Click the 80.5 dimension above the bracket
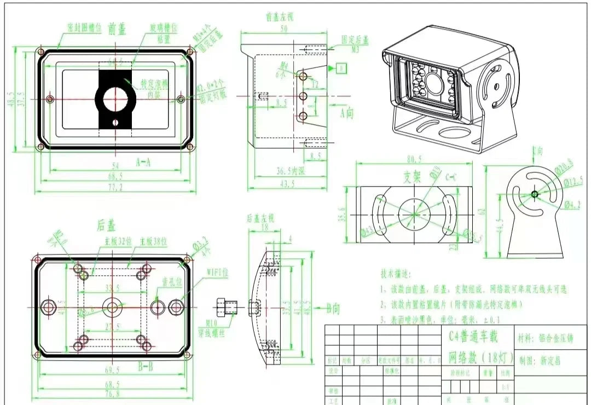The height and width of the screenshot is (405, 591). pos(415,159)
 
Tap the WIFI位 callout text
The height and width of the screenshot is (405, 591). pos(218,271)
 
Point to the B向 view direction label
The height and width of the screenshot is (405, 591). pos(333,309)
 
